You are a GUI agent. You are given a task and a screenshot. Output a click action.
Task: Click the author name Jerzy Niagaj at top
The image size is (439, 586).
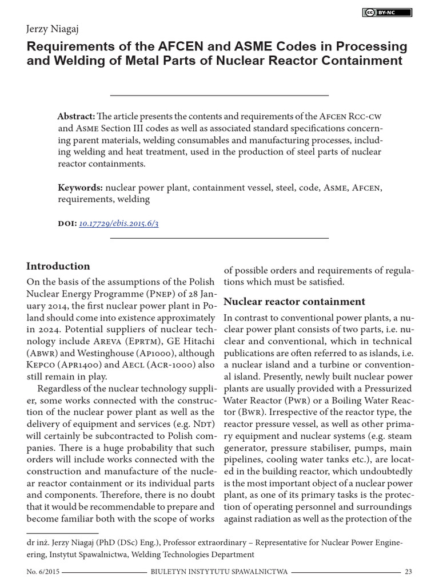[53, 29]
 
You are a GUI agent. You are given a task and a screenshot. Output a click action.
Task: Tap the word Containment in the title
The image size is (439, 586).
[367, 61]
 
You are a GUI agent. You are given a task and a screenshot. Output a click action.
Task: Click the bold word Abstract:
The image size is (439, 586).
[77, 115]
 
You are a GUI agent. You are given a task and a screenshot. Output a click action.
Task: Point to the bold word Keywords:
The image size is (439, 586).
[81, 188]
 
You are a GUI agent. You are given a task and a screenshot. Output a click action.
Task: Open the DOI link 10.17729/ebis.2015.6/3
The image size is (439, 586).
[118, 224]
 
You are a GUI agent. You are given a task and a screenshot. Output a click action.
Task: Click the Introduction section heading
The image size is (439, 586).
[58, 266]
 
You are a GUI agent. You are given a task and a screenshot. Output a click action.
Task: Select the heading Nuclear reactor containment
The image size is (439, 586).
[294, 302]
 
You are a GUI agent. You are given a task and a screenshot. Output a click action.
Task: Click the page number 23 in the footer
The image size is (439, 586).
[408, 572]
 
